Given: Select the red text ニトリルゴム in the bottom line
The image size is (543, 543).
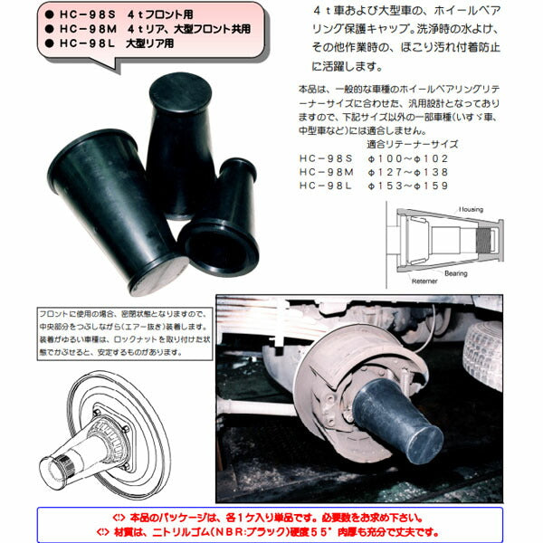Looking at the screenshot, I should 204,531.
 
